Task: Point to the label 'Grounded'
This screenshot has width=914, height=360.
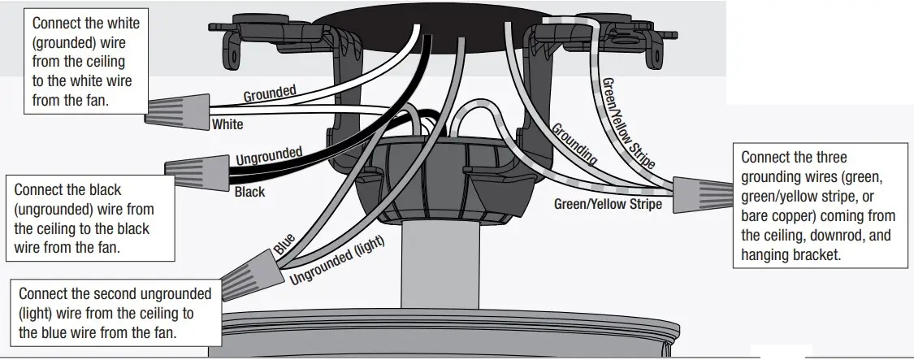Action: pos(270,93)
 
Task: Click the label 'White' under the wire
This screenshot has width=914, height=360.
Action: pos(227,125)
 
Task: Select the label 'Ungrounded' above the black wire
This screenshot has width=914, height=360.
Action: pos(269,155)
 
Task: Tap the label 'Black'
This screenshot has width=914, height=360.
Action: pos(249,193)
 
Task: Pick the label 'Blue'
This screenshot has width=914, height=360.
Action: pos(284,246)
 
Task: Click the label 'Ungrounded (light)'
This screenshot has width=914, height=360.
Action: pos(336,258)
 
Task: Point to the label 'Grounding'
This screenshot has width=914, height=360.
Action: pos(574,145)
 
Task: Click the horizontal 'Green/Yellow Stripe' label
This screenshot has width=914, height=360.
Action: pos(608,205)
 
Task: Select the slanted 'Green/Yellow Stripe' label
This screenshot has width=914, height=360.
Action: pos(626,123)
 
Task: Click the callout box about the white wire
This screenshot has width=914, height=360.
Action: pos(81,62)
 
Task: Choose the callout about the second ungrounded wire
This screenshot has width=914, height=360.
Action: pos(114,313)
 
